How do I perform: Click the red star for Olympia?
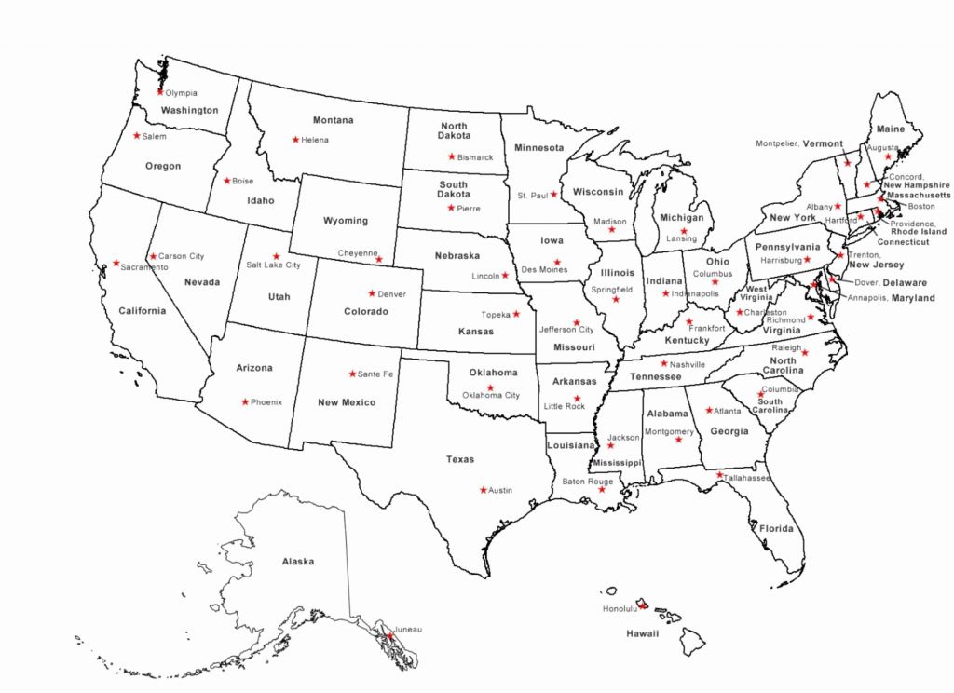(x=160, y=92)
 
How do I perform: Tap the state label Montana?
(x=333, y=120)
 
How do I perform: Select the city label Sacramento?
(x=144, y=267)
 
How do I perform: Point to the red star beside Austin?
(x=483, y=490)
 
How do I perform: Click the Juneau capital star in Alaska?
(x=389, y=636)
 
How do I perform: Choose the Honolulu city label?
(x=619, y=609)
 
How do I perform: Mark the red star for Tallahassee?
(x=719, y=475)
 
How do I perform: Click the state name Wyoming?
(x=345, y=221)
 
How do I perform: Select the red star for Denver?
(x=372, y=293)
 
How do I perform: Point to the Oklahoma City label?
(x=491, y=396)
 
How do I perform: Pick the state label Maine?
(x=891, y=129)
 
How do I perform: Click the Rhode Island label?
(x=919, y=232)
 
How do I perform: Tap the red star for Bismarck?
(x=451, y=157)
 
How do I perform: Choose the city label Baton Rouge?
(x=587, y=482)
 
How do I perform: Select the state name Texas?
(x=459, y=459)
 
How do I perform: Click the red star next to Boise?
(x=226, y=181)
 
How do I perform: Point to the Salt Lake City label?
(x=273, y=265)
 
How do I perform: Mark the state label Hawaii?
(x=642, y=633)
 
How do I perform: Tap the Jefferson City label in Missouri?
(x=566, y=330)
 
